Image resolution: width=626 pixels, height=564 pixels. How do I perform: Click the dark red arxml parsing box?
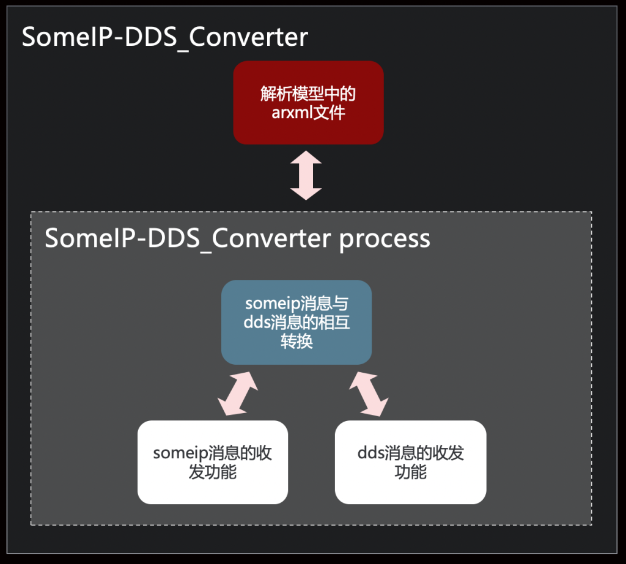tap(308, 103)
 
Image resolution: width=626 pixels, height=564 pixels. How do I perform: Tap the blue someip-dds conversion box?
tap(296, 322)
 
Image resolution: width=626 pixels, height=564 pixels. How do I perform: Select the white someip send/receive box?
tap(212, 462)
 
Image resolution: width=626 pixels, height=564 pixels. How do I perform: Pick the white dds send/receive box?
tap(410, 462)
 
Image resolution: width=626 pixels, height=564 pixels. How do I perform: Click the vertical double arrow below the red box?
tap(306, 175)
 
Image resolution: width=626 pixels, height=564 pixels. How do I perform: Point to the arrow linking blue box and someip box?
tap(238, 394)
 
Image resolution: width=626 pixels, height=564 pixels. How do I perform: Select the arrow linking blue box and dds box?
tap(369, 394)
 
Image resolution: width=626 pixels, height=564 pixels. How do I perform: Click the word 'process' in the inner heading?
tap(385, 239)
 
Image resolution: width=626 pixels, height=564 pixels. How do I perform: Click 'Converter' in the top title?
tap(248, 37)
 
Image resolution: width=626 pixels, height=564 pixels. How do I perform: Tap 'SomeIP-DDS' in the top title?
tap(100, 37)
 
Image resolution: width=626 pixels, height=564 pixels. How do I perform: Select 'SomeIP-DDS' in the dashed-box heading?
tap(122, 238)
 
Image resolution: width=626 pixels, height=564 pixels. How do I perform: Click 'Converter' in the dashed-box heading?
tap(271, 238)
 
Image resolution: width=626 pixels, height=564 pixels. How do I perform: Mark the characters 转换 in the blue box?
tap(296, 342)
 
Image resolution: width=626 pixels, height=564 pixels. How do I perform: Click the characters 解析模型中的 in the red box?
tap(308, 94)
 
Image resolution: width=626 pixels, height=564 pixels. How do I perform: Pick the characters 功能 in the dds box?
tap(410, 472)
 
